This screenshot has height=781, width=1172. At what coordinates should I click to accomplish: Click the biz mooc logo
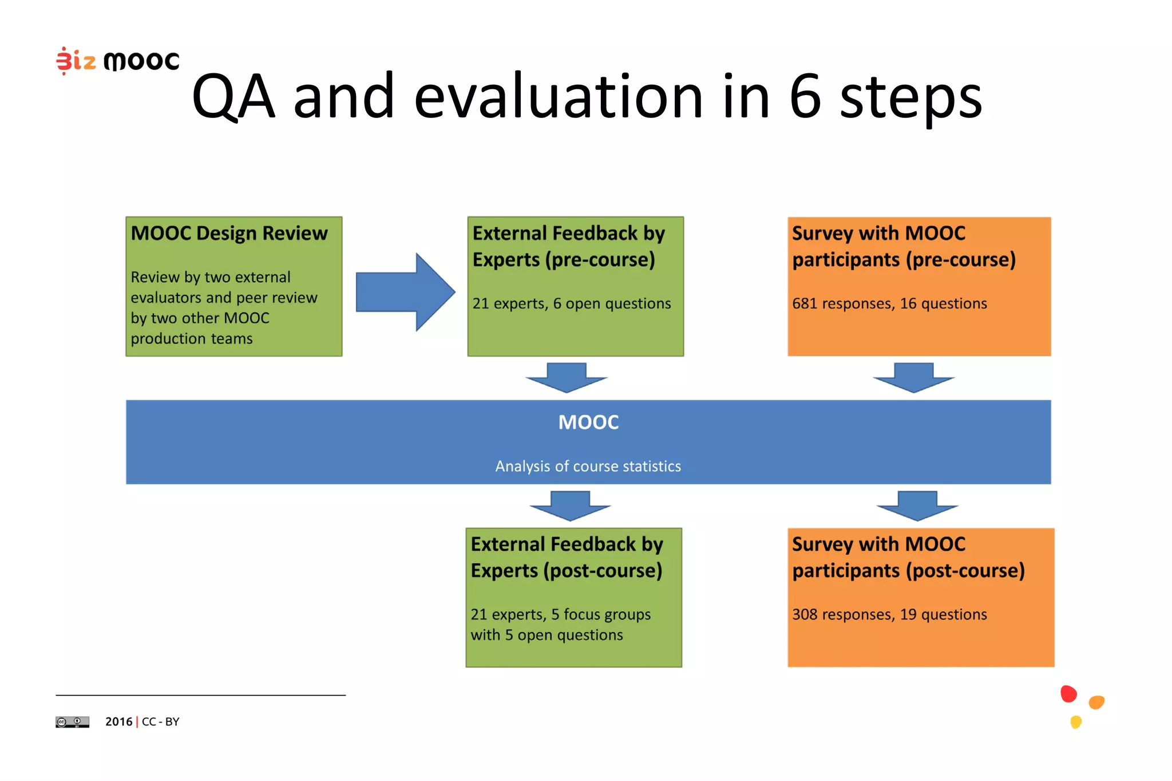(117, 60)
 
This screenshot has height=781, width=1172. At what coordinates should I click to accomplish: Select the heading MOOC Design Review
(229, 234)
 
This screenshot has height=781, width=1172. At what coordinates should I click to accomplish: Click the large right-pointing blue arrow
(405, 292)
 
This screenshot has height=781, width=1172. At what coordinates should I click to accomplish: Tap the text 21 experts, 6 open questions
(571, 303)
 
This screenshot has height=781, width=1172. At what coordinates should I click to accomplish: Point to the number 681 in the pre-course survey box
(804, 303)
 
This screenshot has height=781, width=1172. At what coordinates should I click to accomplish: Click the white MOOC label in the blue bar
(588, 423)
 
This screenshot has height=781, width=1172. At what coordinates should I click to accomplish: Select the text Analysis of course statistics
(588, 466)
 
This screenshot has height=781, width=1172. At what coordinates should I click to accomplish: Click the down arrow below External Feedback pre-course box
(567, 377)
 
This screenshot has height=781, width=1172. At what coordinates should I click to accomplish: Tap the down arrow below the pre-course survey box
(914, 377)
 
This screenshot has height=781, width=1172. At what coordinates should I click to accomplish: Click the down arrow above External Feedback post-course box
(570, 506)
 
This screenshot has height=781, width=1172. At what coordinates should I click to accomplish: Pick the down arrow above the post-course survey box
(917, 506)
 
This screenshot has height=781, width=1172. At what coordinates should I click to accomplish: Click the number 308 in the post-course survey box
(804, 614)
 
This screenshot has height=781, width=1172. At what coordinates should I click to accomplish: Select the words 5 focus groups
(601, 614)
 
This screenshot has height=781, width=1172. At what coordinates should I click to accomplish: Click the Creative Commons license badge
(72, 722)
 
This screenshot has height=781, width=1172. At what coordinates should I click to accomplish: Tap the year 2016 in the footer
(118, 722)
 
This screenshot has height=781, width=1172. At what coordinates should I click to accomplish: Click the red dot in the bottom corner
(1068, 694)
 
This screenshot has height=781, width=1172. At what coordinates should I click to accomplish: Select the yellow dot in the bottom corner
(1076, 722)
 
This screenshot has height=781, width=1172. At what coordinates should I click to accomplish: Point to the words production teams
(191, 339)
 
